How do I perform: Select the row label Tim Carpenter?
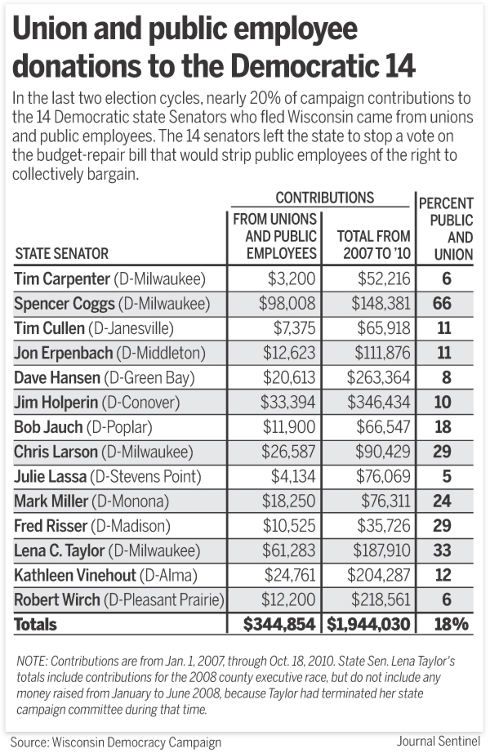(62, 279)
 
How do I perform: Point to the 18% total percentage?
(451, 624)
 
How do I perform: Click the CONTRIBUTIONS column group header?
(324, 198)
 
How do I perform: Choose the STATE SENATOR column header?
(61, 254)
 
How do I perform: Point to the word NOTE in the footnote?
(33, 659)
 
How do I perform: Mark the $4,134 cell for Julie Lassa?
(292, 477)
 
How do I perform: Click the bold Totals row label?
(36, 624)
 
